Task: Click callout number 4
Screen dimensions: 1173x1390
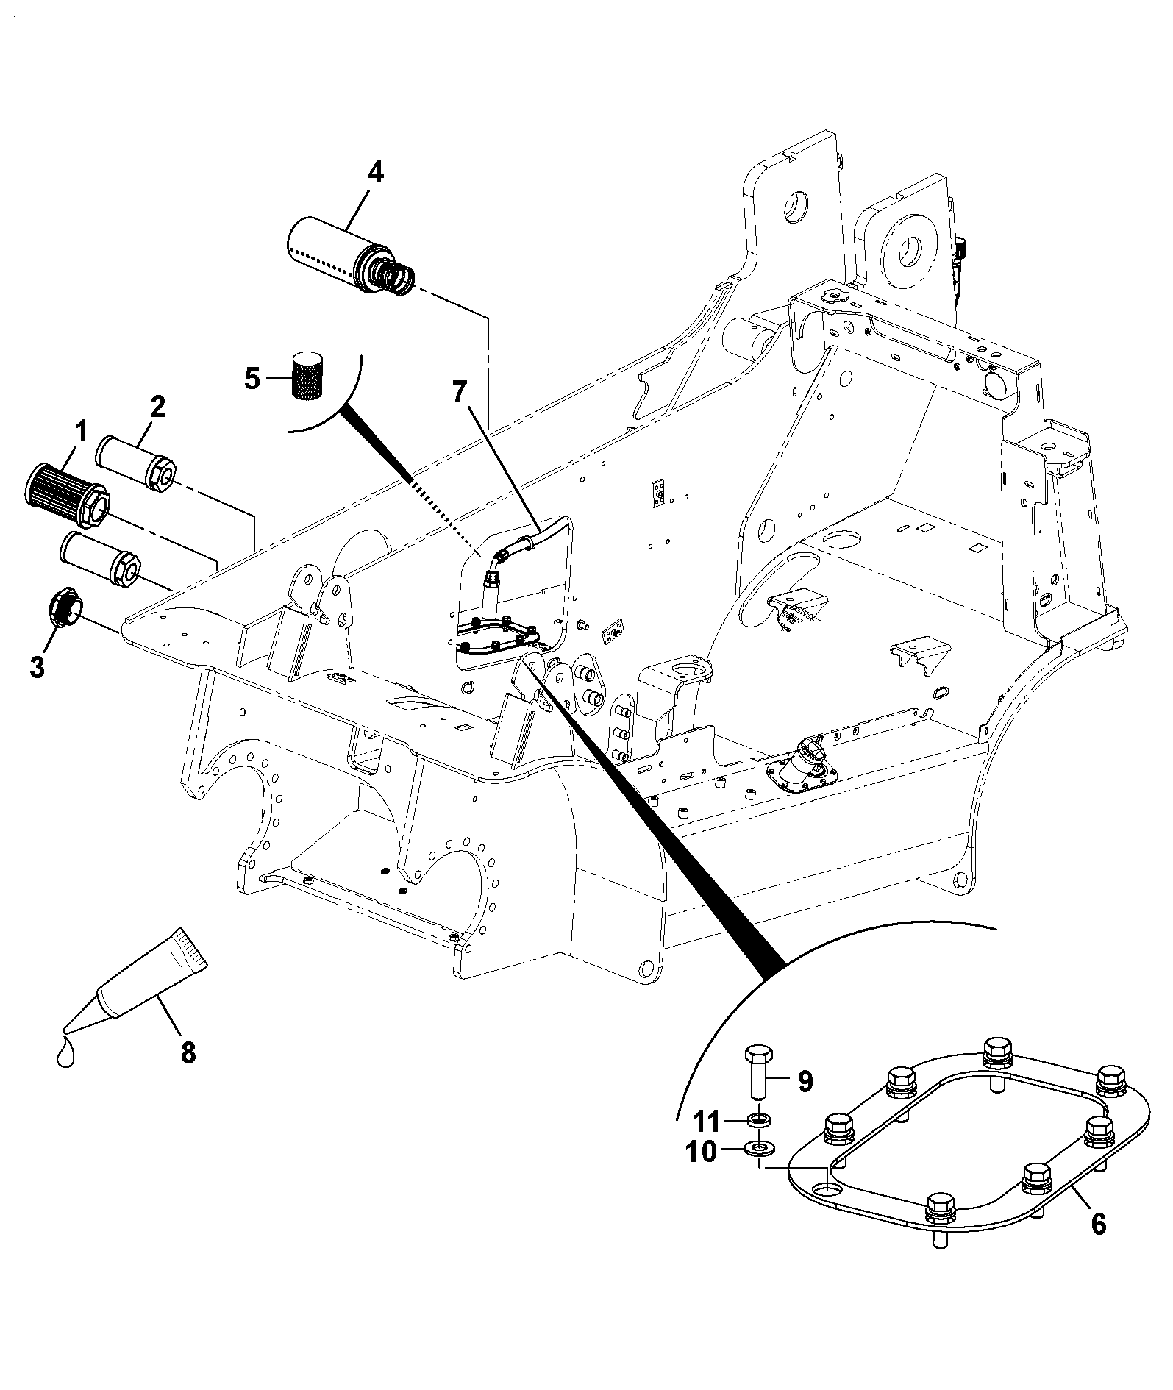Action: point(374,173)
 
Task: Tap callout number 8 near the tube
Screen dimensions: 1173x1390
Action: point(188,1052)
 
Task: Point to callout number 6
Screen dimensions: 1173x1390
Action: point(1098,1224)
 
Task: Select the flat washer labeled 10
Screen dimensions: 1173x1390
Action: point(755,1147)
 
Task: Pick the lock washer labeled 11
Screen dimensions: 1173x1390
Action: point(757,1121)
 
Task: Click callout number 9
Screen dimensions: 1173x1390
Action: point(805,1082)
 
